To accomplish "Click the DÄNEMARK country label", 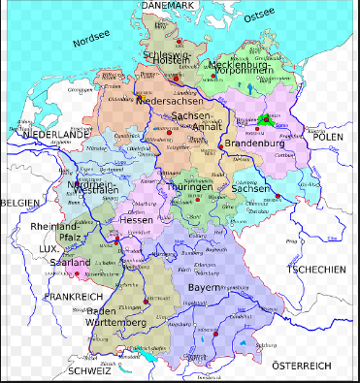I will point(168,6).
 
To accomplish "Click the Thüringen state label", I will point(189,187).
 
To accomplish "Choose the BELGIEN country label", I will point(20,202).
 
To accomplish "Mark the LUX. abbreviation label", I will point(49,249).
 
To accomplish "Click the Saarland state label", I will point(70,263).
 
